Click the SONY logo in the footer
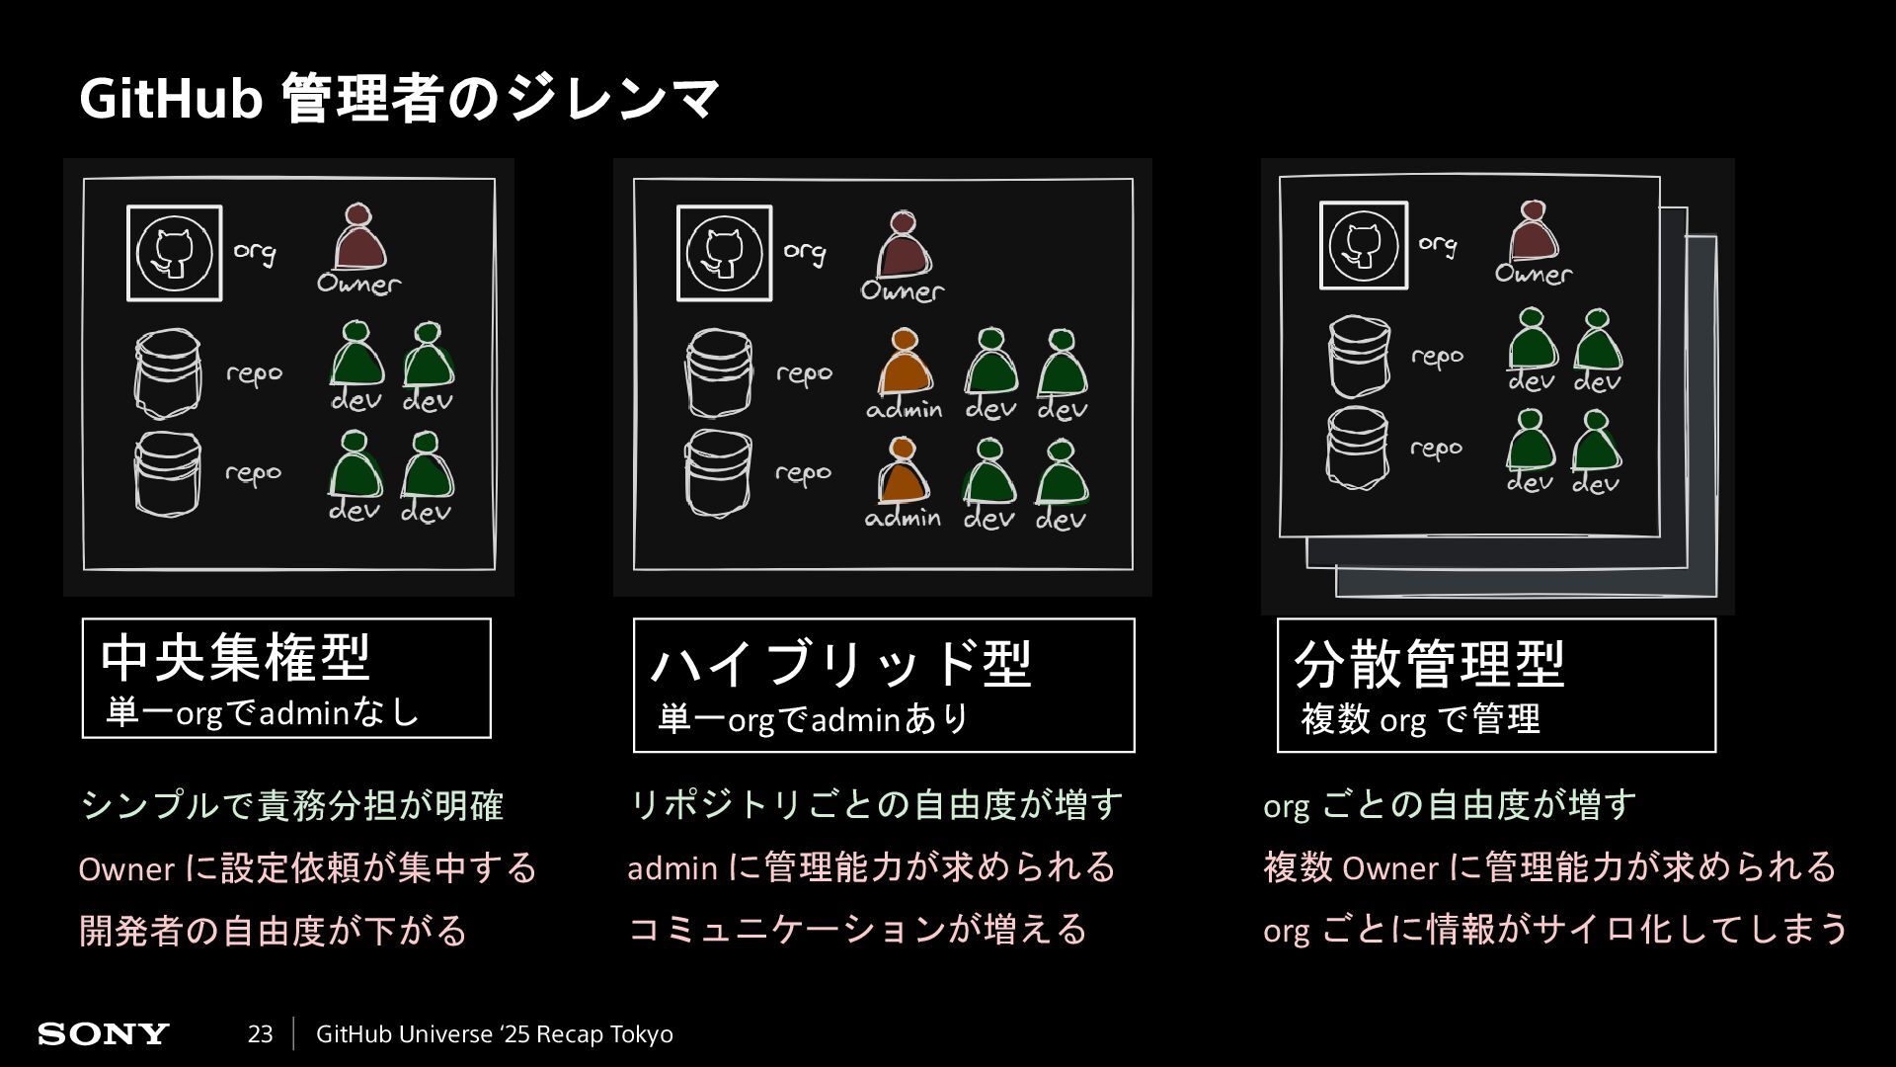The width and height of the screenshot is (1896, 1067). [103, 1034]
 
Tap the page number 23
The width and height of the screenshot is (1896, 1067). [260, 1034]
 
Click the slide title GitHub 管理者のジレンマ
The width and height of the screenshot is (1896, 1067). [399, 99]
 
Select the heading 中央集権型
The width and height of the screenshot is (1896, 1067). [235, 658]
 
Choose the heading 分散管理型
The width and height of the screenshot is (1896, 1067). [1429, 663]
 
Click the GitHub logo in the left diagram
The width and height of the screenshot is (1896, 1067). [175, 253]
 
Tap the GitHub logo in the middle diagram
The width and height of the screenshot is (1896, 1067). [725, 253]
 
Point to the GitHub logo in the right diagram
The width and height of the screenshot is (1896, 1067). [1364, 245]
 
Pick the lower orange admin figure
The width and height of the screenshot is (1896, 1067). [902, 472]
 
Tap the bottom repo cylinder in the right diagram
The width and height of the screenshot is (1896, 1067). [1358, 448]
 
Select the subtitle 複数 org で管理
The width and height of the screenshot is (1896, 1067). [1420, 719]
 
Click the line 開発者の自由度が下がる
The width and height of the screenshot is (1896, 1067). [273, 931]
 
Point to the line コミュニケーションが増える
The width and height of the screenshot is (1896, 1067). [857, 930]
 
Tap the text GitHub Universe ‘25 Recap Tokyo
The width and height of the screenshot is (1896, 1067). [494, 1034]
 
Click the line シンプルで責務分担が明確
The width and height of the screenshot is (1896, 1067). [292, 805]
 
